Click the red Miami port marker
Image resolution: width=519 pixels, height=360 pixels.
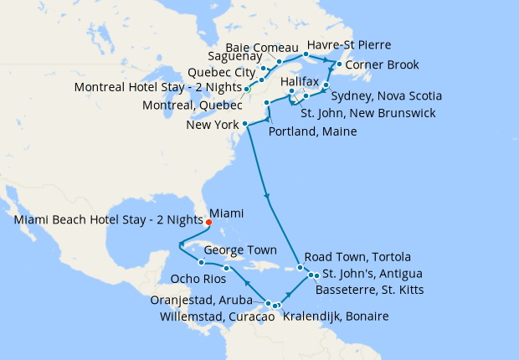coord(208,223)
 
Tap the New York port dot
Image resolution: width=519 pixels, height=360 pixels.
coord(245,126)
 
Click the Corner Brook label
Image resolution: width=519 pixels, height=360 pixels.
coord(382,65)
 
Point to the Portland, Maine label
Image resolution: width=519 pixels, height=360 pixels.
coord(314,132)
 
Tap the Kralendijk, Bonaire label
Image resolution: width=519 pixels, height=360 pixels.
coord(336,316)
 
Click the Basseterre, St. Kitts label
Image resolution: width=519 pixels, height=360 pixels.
coord(370,290)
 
